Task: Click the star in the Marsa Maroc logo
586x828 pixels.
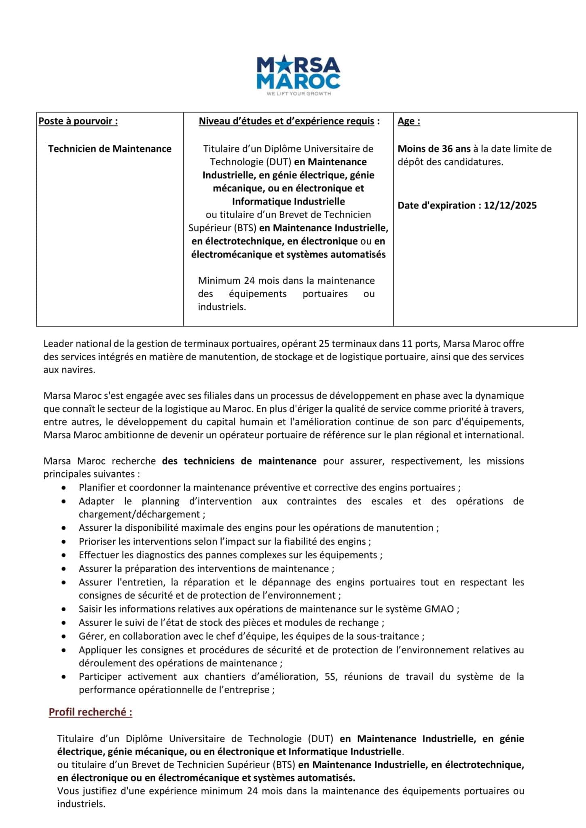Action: pos(280,65)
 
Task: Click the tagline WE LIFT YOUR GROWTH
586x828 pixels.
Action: pos(298,94)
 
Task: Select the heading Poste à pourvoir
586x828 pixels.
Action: pos(78,121)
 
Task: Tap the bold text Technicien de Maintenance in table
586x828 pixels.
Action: pos(110,149)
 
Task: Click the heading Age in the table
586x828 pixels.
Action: pos(408,121)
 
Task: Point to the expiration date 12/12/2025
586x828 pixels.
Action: pos(510,205)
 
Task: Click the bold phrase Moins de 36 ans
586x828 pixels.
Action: pos(434,149)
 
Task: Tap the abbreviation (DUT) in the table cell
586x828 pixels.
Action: pos(279,162)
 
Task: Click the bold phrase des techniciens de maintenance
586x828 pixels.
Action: pos(239,461)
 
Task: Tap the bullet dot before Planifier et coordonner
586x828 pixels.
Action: pos(64,488)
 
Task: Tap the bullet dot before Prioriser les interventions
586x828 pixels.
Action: pos(64,542)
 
